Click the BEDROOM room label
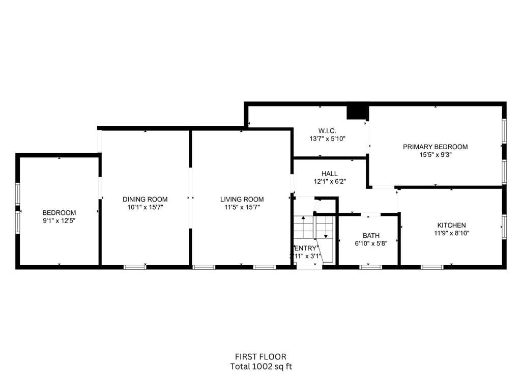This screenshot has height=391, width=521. click(59, 213)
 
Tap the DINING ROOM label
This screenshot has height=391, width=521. click(145, 199)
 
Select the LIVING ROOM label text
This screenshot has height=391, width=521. click(242, 199)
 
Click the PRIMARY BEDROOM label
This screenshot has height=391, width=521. click(435, 147)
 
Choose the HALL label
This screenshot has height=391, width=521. click(329, 174)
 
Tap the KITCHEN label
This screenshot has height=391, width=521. click(451, 225)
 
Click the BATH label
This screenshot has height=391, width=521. click(371, 236)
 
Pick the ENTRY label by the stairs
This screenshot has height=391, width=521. click(305, 248)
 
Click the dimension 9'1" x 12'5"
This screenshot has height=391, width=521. click(59, 221)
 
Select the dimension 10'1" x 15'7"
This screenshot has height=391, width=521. click(145, 207)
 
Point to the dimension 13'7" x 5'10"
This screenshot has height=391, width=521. click(327, 138)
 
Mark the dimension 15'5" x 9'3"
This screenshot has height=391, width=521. click(435, 155)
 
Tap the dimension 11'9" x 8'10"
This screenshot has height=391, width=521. click(451, 233)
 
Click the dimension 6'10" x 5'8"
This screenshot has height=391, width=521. click(371, 243)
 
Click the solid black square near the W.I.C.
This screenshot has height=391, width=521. click(357, 112)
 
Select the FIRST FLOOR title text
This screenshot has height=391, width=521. click(260, 357)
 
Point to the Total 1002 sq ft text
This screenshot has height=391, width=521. click(260, 366)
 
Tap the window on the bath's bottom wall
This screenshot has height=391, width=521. click(370, 267)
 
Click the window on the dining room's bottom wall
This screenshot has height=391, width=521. click(135, 267)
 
